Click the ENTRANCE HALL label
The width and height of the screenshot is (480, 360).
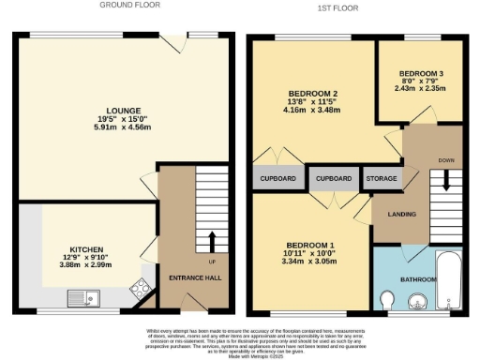pos(194,279)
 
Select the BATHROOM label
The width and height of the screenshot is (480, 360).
pos(418,279)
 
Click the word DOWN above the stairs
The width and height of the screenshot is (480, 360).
pos(445,160)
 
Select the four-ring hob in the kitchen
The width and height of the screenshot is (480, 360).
pos(143,289)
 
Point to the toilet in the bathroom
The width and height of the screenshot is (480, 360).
pos(388,300)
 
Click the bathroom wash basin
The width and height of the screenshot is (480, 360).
pos(419,302)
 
